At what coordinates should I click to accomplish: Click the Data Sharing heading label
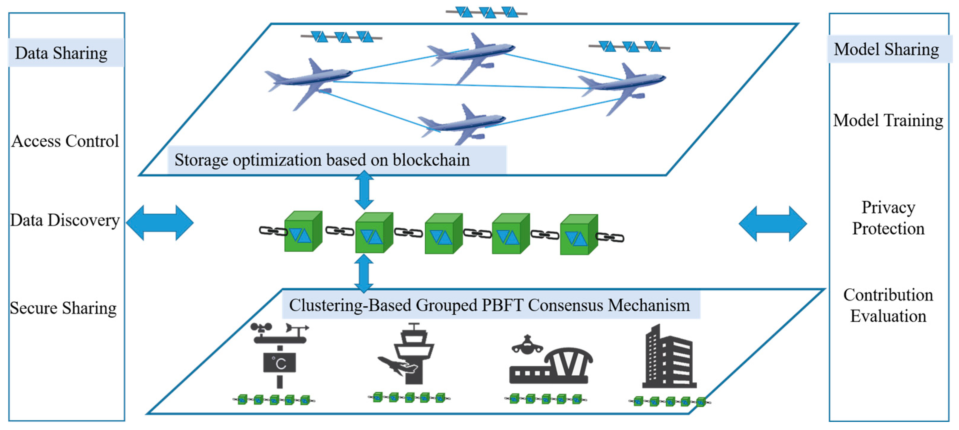[62, 53]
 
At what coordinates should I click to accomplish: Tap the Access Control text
[65, 141]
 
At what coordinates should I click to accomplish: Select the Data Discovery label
[65, 220]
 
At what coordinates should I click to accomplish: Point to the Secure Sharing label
[63, 308]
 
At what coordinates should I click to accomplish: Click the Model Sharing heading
[886, 49]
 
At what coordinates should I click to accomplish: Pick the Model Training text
[888, 120]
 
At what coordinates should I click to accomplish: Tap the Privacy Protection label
[888, 218]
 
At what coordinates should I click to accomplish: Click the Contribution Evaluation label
[888, 305]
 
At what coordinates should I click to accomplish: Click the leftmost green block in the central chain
[303, 232]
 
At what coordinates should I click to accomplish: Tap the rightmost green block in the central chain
[579, 235]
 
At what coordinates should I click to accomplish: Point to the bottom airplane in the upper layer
[462, 123]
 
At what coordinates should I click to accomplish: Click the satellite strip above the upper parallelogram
[486, 13]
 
